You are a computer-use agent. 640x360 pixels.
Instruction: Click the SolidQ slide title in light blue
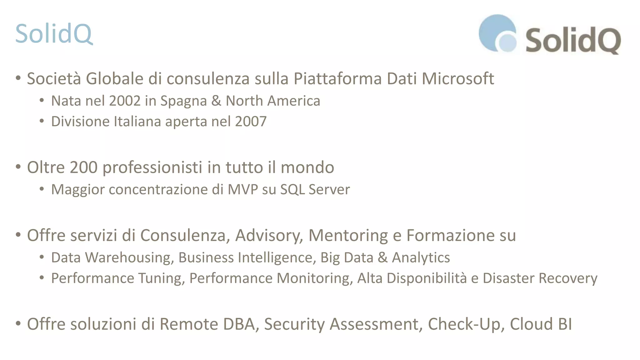point(54,34)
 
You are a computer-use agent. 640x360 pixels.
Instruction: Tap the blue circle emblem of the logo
point(497,33)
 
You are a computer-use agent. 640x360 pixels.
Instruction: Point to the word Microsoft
point(458,78)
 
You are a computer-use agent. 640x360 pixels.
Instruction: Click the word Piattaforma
point(337,78)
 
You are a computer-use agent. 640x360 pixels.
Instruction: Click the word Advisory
point(269,236)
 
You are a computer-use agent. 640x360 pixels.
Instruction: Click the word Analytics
point(421,258)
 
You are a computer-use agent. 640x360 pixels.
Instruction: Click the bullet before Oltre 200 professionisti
point(18,167)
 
